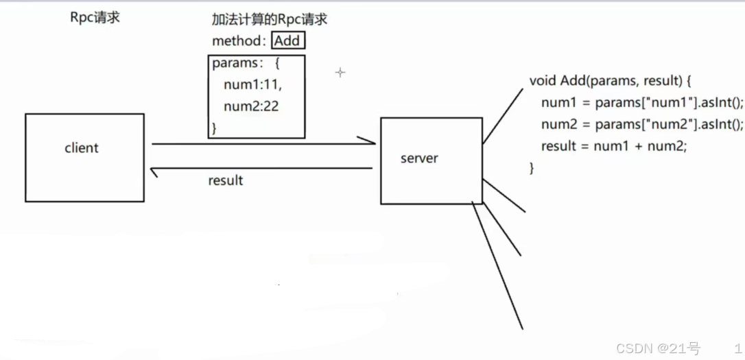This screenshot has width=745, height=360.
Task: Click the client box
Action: (84, 158)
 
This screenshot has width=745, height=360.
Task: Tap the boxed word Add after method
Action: (287, 40)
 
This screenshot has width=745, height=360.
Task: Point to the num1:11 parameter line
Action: (252, 85)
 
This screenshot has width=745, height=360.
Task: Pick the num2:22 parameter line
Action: (251, 106)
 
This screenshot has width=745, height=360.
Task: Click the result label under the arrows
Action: (226, 181)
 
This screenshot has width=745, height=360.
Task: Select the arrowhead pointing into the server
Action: (368, 142)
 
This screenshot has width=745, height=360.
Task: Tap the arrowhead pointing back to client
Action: (155, 171)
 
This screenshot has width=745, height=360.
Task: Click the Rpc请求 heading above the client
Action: (95, 18)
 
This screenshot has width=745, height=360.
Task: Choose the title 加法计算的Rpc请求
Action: (270, 20)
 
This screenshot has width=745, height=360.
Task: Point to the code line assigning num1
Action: (641, 103)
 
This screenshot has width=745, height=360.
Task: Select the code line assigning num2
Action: (641, 124)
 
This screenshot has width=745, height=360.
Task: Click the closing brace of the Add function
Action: (532, 168)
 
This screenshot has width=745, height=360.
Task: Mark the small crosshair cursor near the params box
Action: (340, 72)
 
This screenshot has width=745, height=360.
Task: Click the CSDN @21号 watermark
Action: (657, 349)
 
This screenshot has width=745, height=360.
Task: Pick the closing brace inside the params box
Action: (215, 128)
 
